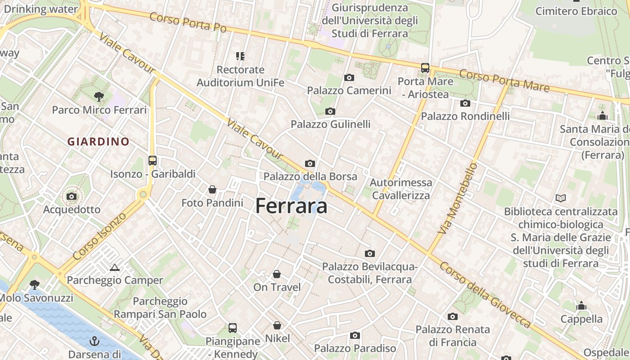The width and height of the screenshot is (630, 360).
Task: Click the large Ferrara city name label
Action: click(291, 206)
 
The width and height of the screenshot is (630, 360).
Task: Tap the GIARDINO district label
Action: click(98, 142)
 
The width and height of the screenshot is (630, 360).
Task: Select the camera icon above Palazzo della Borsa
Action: click(310, 163)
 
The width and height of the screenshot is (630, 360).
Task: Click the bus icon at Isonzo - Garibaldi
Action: click(153, 160)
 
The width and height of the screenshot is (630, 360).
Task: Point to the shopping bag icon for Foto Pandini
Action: click(212, 189)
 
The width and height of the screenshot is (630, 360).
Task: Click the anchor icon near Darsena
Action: click(94, 341)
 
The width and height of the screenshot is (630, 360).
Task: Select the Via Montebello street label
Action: click(457, 198)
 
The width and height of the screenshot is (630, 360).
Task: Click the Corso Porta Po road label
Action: click(187, 22)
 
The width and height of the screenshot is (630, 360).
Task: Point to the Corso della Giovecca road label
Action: click(486, 295)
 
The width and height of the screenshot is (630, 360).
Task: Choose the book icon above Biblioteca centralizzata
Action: click(561, 198)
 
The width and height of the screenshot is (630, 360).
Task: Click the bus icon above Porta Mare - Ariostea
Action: click(425, 68)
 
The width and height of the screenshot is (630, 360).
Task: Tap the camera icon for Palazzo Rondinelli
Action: click(465, 103)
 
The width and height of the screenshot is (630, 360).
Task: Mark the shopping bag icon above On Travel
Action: click(277, 274)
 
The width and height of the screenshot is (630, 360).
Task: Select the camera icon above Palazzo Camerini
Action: click(349, 78)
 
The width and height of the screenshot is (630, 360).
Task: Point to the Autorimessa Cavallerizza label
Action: click(401, 189)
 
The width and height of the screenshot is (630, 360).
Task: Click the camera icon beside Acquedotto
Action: click(72, 196)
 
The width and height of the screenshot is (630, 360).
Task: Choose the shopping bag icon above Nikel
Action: click(277, 325)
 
